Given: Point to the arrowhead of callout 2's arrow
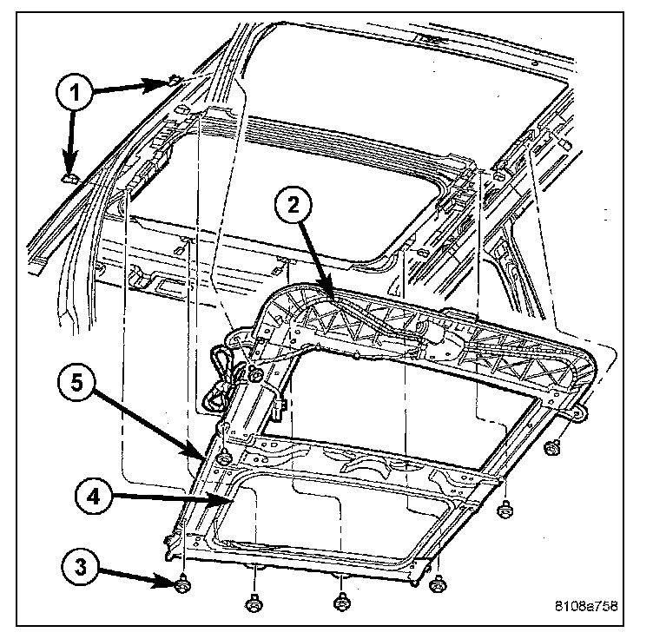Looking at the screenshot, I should click(335, 299).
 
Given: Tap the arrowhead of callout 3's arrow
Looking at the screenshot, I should click(175, 585).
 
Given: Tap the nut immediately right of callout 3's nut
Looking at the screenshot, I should click(254, 601).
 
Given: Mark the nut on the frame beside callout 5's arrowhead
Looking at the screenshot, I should click(223, 458).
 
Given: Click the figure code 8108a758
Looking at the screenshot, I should click(590, 607).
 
